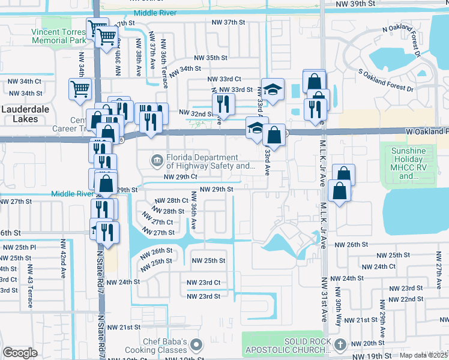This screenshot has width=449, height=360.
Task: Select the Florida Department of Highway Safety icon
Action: pos(157,160)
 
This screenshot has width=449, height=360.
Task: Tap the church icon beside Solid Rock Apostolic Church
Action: pos(340,344)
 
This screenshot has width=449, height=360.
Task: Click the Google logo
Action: pos(20,353)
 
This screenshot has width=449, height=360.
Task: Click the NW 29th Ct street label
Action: pos(181,177)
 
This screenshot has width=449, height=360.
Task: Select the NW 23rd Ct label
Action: pos(203,283)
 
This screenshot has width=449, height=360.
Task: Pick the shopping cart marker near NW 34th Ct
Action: pos(80,89)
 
